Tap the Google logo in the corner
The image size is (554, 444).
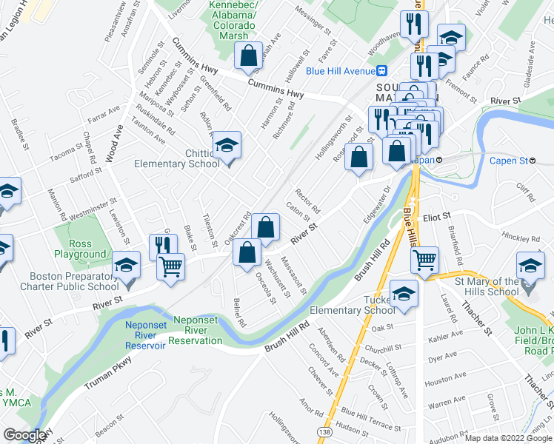coord(24,435)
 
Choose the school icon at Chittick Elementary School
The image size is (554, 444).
coord(227,145)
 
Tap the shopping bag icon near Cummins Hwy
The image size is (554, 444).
coord(248,53)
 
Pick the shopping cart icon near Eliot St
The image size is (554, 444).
coord(425,258)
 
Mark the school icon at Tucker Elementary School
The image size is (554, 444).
coord(403,295)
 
